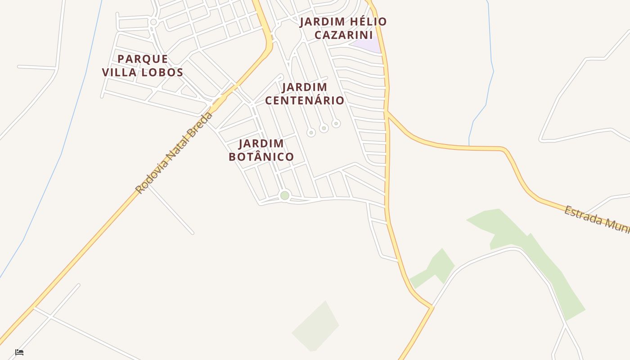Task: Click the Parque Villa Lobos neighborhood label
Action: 143,66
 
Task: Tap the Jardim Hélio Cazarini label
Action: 343,28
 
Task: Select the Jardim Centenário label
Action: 305,94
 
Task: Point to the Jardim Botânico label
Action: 261,150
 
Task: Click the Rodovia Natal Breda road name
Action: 174,153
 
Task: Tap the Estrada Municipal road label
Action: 596,220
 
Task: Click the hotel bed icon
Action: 19,352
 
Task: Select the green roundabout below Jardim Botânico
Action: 284,195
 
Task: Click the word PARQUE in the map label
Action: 143,59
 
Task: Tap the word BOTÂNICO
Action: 261,157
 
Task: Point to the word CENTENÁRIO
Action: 305,100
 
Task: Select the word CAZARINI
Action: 343,35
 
